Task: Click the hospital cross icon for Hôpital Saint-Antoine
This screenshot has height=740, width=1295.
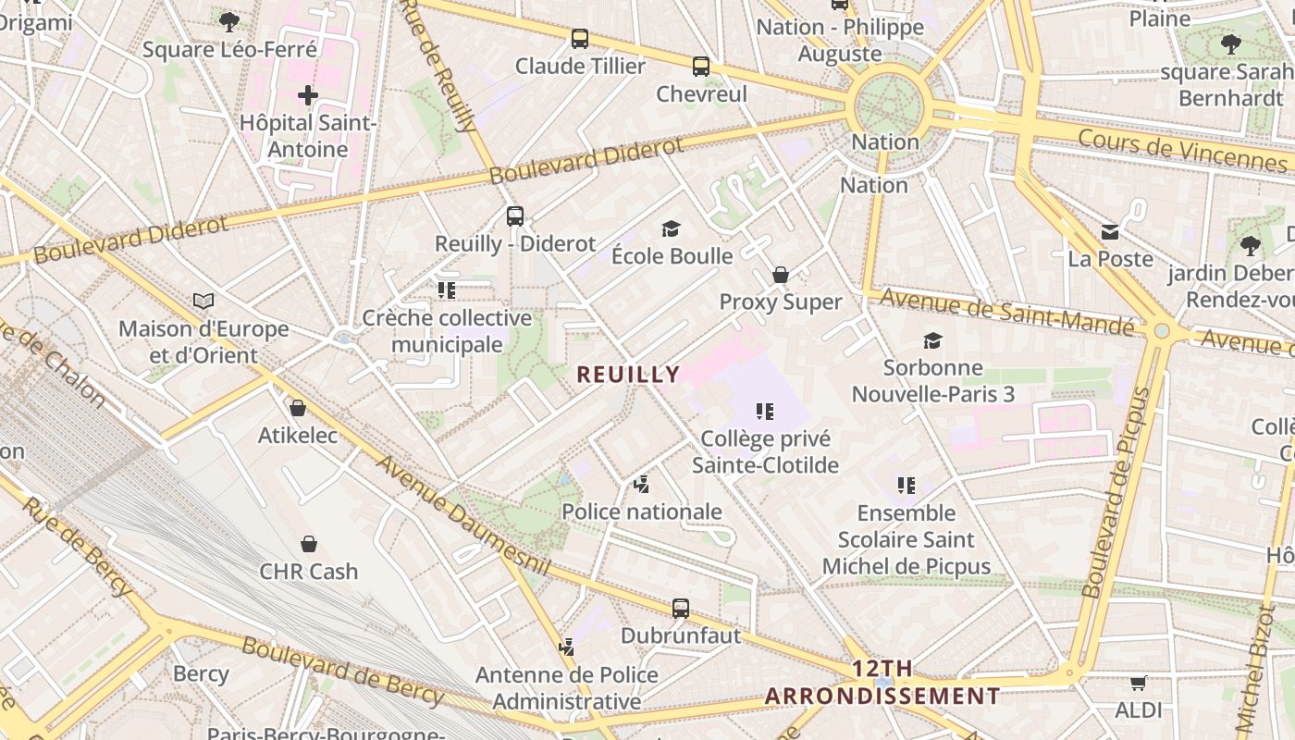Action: click(x=308, y=95)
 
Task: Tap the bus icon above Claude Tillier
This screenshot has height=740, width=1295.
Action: click(x=580, y=39)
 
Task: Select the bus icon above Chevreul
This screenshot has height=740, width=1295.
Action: click(x=701, y=67)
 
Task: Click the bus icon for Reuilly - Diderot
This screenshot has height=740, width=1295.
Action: click(x=515, y=216)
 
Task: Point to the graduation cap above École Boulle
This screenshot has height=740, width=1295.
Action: click(x=672, y=228)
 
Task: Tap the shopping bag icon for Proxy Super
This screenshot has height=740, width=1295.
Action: click(x=781, y=275)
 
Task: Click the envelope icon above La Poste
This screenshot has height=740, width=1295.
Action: click(x=1110, y=232)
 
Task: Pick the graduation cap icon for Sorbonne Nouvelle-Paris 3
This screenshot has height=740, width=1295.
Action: click(x=932, y=340)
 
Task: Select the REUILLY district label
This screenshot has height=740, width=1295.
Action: click(x=628, y=375)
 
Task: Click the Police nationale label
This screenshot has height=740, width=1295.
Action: click(x=642, y=512)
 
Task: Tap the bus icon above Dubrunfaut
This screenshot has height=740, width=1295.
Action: click(x=681, y=609)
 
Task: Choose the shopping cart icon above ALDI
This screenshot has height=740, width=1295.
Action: click(x=1138, y=684)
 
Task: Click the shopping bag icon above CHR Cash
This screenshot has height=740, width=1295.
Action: click(x=309, y=544)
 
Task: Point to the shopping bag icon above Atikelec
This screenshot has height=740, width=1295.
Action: click(x=298, y=408)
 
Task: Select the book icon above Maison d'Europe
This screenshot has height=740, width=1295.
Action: click(x=203, y=301)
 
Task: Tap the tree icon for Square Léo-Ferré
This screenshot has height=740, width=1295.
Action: click(x=229, y=20)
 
